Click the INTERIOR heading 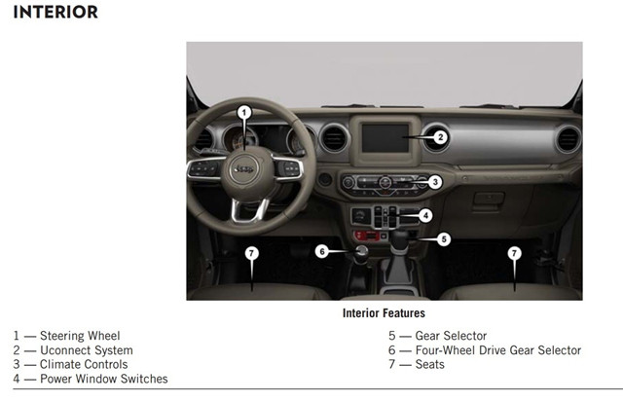click(55, 12)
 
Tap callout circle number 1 click(244, 113)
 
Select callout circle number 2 click(440, 137)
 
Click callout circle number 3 click(435, 182)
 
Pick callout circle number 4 click(425, 216)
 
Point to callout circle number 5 click(444, 239)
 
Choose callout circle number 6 click(322, 251)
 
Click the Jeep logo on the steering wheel click(243, 169)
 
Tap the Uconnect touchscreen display click(385, 138)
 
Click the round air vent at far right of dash click(568, 139)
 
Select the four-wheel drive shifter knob click(361, 252)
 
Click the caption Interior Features click(384, 313)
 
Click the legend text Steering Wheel click(80, 336)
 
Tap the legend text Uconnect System click(87, 350)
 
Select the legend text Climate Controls click(84, 364)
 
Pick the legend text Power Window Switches click(104, 379)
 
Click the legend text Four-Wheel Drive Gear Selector click(498, 350)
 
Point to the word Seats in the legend click(430, 364)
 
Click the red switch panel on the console click(367, 236)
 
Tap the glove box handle click(489, 199)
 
